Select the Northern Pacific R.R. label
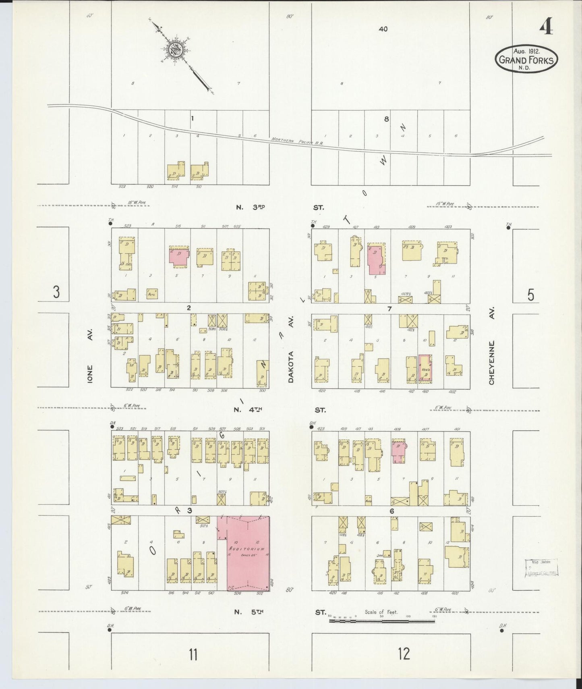pos(298,141)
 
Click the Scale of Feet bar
pos(381,621)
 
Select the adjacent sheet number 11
pos(193,654)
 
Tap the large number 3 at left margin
pos(56,292)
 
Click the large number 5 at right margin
pos(530,295)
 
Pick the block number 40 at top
pos(383,29)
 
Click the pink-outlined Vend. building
pos(425,367)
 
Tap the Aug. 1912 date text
pos(526,51)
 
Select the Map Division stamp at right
pos(541,568)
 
